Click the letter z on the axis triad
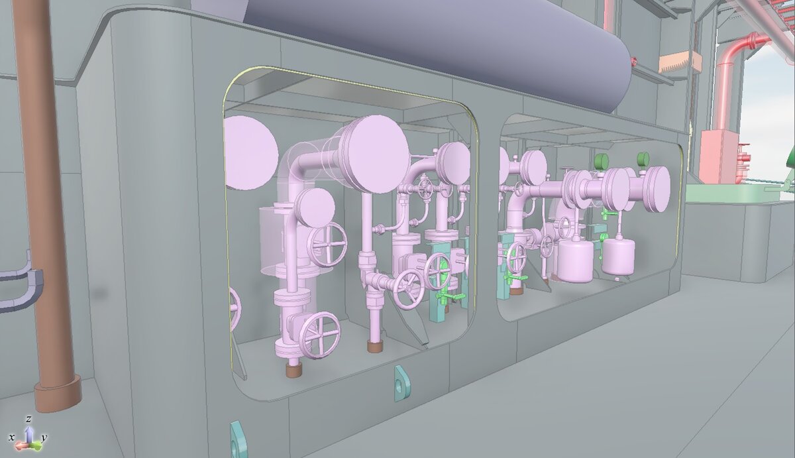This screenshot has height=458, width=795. click(28, 420)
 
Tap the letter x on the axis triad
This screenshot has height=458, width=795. click(11, 437)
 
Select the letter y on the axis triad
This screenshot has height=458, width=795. click(44, 437)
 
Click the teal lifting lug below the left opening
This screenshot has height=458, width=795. click(400, 384)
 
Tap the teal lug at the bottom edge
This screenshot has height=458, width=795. click(237, 439)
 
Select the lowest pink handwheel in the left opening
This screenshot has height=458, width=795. click(319, 335)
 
